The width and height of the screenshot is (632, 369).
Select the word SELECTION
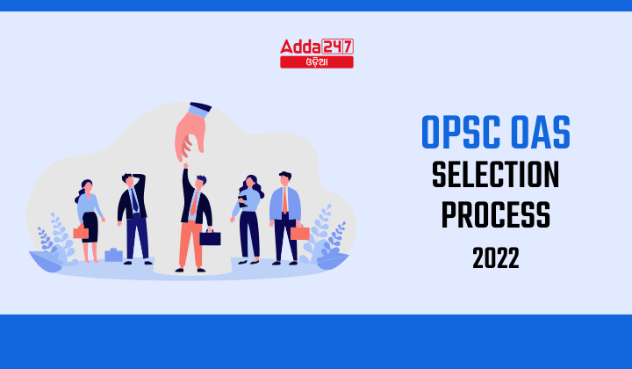495,177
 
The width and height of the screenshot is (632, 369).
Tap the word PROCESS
495,214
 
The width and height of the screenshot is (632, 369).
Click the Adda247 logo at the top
317,47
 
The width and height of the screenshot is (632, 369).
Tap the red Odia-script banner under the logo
317,62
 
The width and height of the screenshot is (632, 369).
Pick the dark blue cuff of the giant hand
201,110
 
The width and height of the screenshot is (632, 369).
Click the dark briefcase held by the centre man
210,238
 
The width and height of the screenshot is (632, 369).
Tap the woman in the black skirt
89,220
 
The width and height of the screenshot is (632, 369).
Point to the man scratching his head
134,215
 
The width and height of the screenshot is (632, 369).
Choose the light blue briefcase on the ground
113,256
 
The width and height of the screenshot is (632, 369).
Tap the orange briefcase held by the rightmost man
300,233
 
